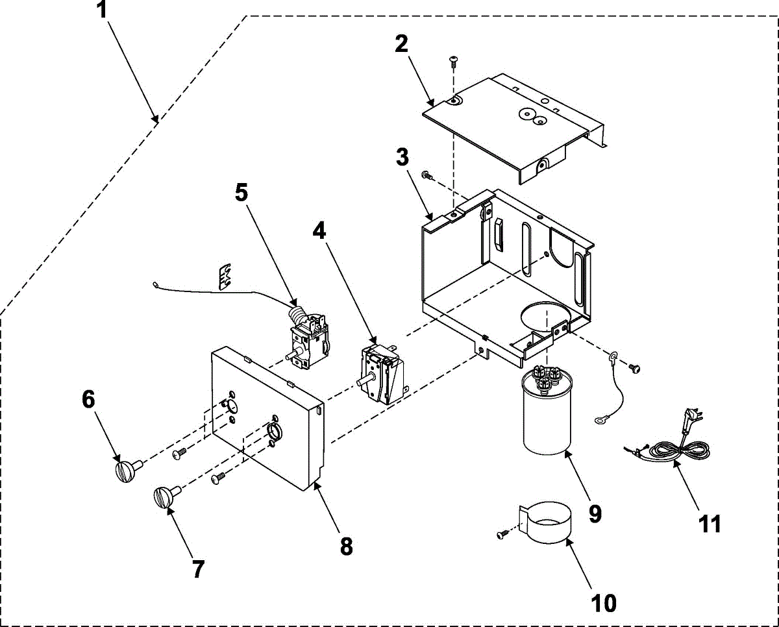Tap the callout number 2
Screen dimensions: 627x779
click(401, 45)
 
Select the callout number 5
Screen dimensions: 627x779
click(241, 192)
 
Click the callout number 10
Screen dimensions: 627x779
click(603, 603)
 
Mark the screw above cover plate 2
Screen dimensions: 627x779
click(453, 62)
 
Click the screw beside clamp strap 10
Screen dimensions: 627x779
click(502, 534)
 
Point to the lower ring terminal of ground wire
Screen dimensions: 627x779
click(599, 421)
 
